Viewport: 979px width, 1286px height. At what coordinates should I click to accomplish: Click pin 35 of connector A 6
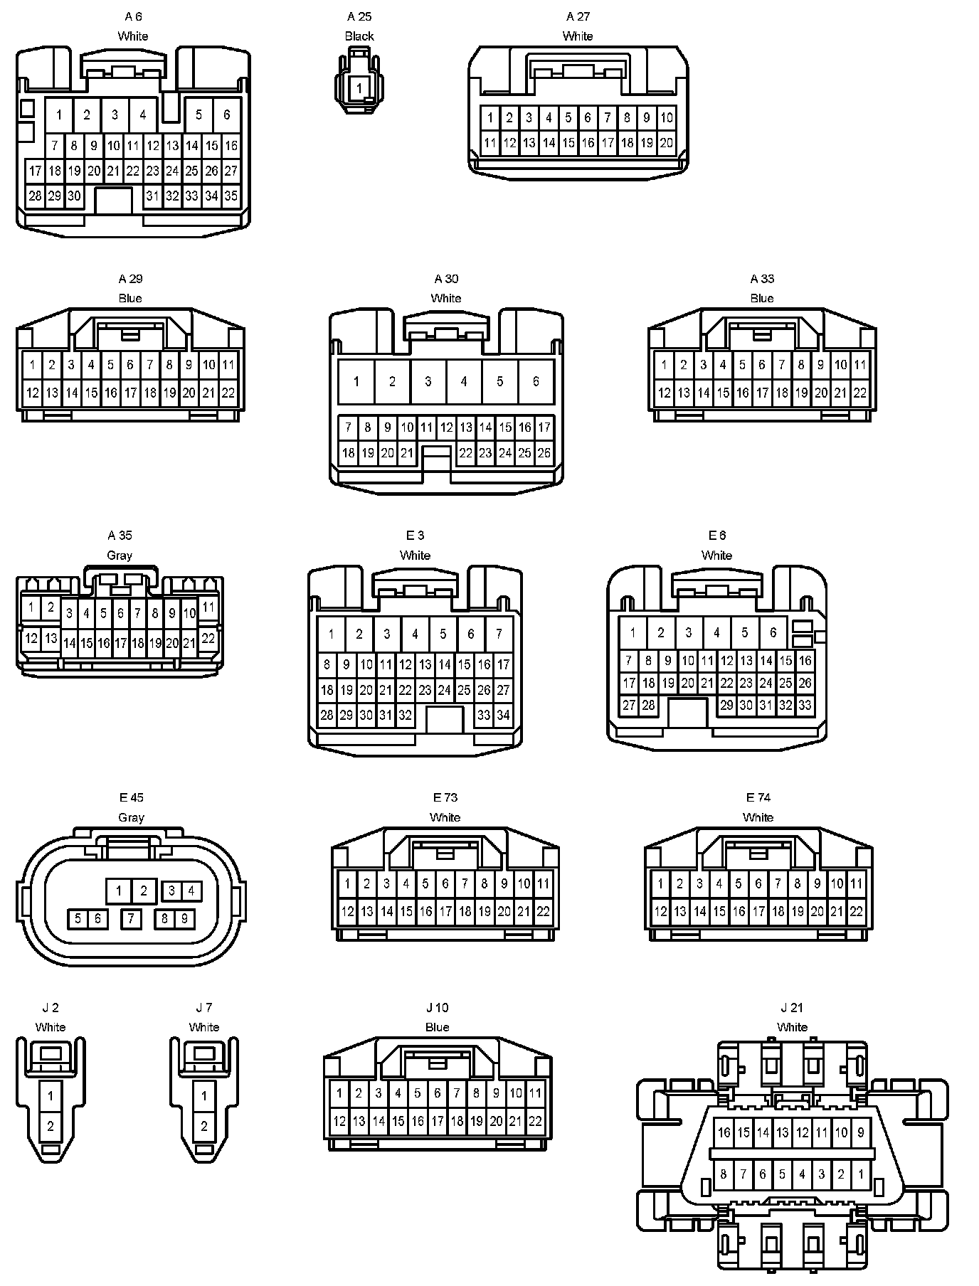click(231, 196)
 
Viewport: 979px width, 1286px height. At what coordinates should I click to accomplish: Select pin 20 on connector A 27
click(666, 143)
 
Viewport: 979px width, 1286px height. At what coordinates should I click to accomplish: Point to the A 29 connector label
click(130, 279)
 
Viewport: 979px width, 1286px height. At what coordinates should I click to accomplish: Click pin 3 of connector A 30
click(428, 381)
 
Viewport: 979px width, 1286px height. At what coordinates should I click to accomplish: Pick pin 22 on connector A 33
click(859, 393)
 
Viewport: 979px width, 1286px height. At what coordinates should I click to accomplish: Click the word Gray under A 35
click(119, 556)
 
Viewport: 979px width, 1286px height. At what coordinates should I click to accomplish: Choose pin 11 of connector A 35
click(208, 607)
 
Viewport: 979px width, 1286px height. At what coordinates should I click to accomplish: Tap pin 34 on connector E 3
click(503, 715)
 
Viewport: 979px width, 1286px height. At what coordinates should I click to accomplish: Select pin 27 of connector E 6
click(629, 706)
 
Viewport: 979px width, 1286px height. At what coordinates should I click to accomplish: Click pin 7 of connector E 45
click(131, 919)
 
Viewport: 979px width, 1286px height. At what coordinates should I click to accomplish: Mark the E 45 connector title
click(131, 798)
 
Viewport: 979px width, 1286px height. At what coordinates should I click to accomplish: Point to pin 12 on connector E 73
click(347, 911)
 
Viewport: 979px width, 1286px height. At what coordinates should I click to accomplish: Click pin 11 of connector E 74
click(856, 884)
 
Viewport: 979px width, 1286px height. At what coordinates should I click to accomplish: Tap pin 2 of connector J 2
click(51, 1126)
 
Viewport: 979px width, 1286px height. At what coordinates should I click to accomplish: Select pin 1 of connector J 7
click(204, 1096)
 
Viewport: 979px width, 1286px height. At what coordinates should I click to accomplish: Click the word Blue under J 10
click(437, 1027)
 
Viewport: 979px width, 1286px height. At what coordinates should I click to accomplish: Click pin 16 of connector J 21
click(724, 1132)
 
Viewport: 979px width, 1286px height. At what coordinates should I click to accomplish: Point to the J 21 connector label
click(792, 1008)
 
